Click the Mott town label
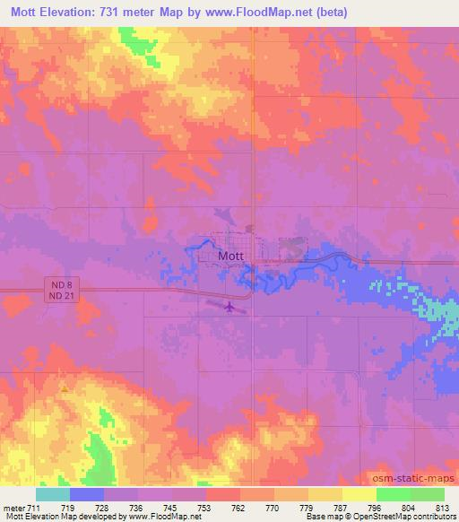point(230,256)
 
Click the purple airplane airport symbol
point(229,308)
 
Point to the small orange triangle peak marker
point(64,387)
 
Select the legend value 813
point(444,508)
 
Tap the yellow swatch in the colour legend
point(359,494)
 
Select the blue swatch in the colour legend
point(87,494)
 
